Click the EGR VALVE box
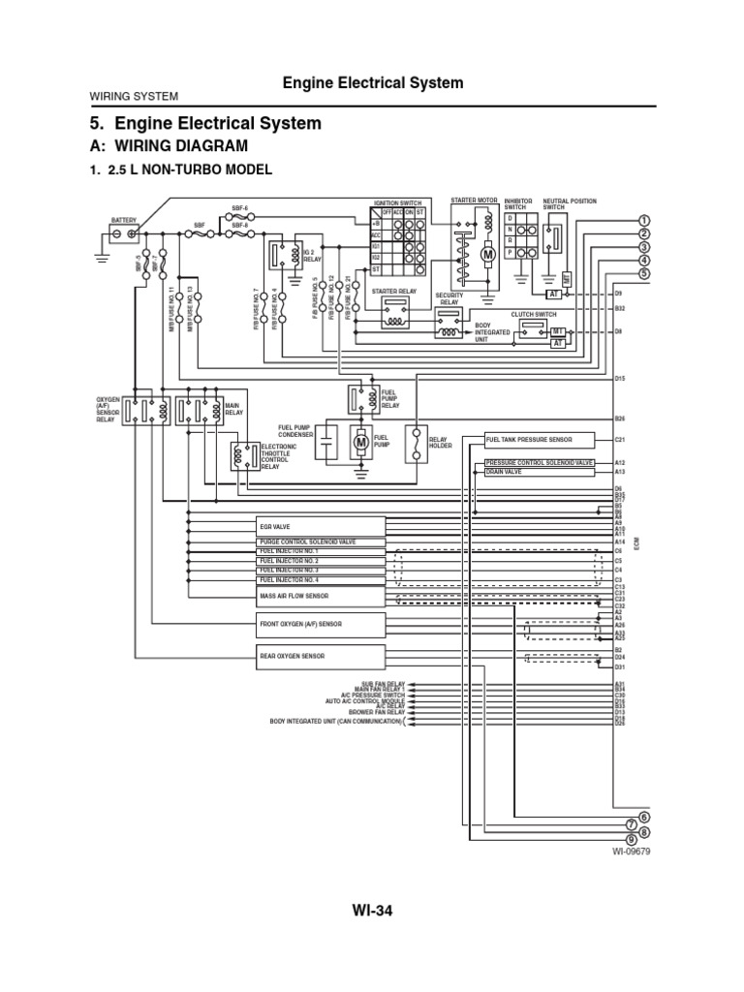tap(321, 526)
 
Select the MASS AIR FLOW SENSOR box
tap(321, 596)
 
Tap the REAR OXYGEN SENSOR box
tap(321, 656)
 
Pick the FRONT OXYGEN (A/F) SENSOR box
tap(321, 625)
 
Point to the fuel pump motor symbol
tap(361, 443)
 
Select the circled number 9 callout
tap(632, 839)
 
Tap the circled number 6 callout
tap(643, 817)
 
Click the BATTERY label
tap(124, 220)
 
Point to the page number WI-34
tap(371, 911)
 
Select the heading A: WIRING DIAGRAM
tap(169, 146)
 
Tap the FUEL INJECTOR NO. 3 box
tap(321, 571)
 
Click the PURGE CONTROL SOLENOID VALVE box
tap(321, 542)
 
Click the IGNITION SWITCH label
tap(398, 202)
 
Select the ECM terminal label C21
tap(620, 440)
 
